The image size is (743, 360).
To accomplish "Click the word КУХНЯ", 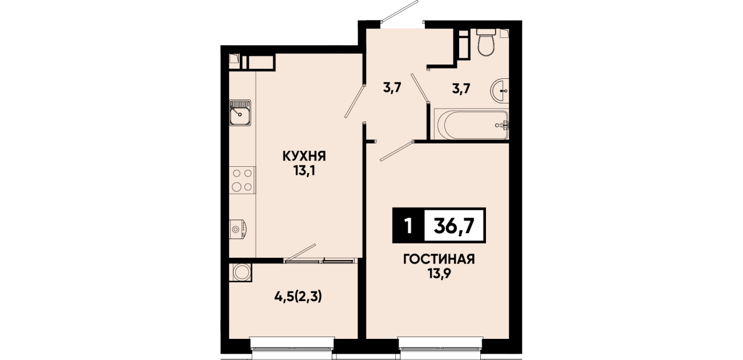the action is pyautogui.click(x=304, y=156).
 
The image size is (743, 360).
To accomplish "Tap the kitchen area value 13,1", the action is pyautogui.click(x=304, y=171).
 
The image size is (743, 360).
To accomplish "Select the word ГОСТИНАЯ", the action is pyautogui.click(x=439, y=259).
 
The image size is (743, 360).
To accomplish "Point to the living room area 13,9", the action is pyautogui.click(x=439, y=274).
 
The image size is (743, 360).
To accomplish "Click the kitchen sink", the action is pyautogui.click(x=240, y=114).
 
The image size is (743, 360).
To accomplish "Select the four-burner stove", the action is pyautogui.click(x=242, y=180).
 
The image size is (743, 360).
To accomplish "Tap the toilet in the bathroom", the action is pyautogui.click(x=486, y=43).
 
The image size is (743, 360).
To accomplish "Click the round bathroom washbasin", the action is pyautogui.click(x=499, y=90).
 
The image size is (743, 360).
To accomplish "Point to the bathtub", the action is pyautogui.click(x=472, y=125).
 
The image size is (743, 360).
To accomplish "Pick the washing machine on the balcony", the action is pyautogui.click(x=241, y=273).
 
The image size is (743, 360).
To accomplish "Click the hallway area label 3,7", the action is pyautogui.click(x=392, y=88).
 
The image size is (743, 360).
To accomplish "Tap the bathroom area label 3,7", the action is pyautogui.click(x=461, y=89).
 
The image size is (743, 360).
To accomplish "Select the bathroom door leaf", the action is pyautogui.click(x=420, y=87).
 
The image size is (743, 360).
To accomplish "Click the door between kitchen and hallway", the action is pyautogui.click(x=355, y=101).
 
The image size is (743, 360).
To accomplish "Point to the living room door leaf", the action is pyautogui.click(x=397, y=151).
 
